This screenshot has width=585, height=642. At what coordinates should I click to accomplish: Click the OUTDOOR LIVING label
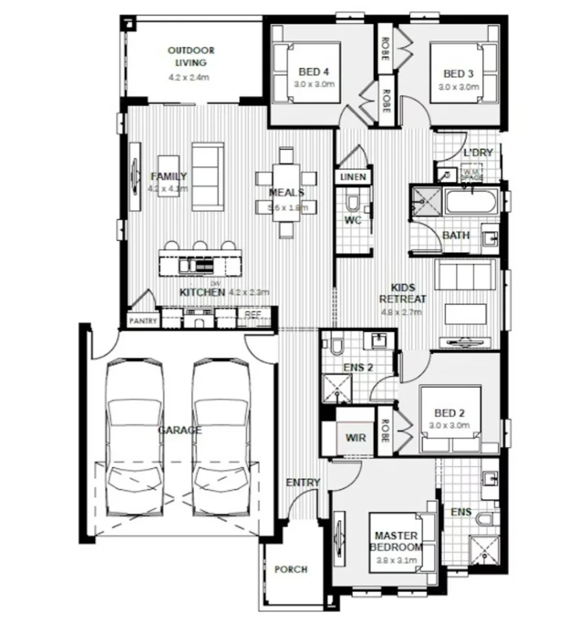point(191,56)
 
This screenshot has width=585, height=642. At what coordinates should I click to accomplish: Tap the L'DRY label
point(478,153)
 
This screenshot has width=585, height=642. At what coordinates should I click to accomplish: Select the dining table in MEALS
point(286,192)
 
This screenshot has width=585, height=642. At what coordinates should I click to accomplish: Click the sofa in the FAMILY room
point(207,177)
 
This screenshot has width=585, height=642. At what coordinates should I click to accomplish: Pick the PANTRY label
point(144,321)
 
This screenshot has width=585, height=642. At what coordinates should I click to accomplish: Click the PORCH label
point(291,569)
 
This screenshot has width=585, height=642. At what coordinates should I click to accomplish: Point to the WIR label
point(355,437)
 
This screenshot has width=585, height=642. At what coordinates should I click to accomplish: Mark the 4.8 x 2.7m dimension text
point(402,312)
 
